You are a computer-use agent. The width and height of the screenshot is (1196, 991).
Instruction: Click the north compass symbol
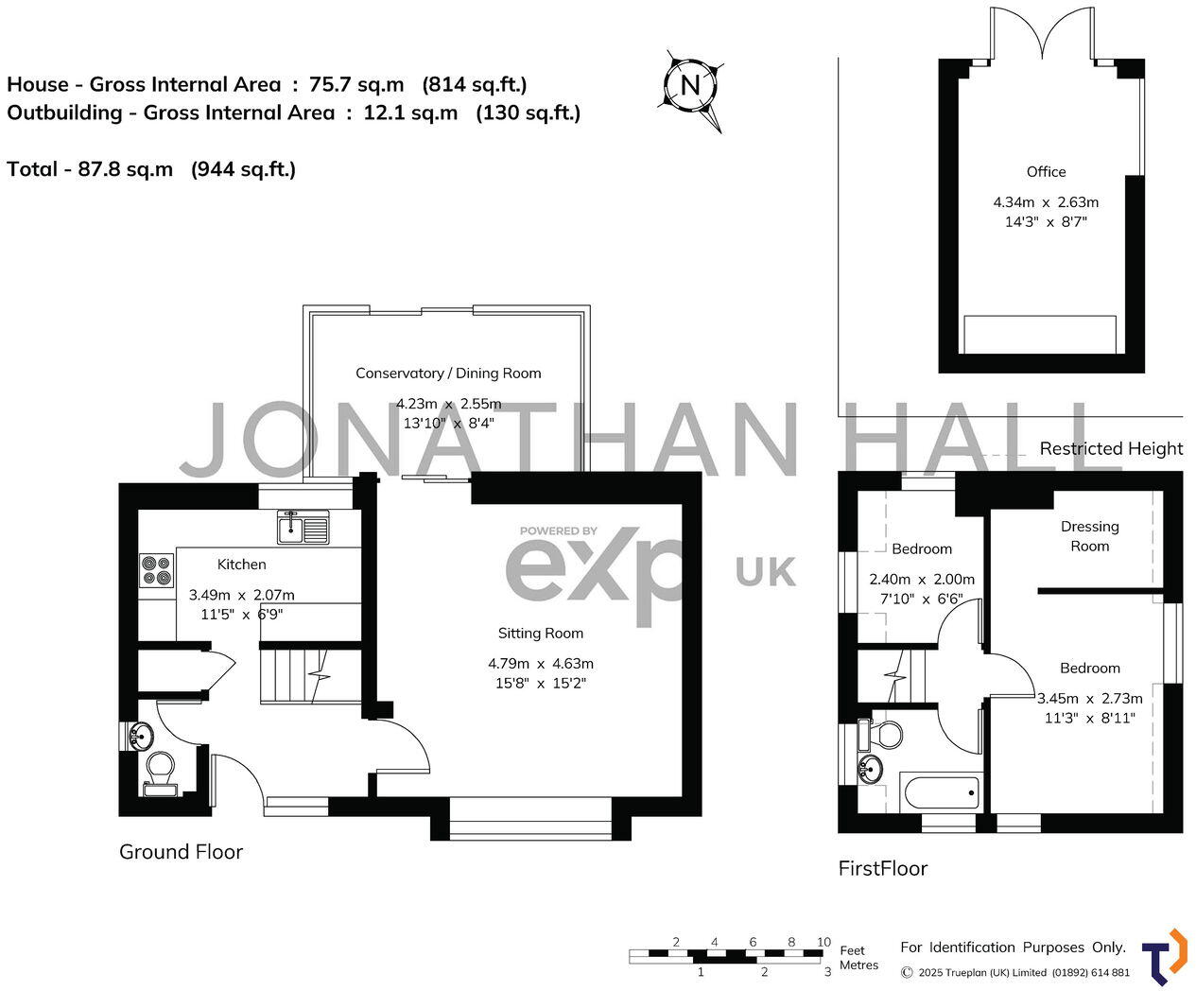[691, 86]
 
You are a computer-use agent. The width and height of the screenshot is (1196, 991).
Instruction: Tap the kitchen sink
[303, 527]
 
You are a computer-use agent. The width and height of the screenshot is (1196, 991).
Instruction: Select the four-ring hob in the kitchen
[157, 569]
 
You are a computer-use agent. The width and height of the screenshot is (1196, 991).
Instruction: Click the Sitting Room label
[541, 634]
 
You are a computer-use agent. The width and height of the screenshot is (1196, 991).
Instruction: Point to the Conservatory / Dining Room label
[448, 374]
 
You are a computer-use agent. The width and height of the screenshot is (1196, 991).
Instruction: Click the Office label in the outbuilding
[1046, 172]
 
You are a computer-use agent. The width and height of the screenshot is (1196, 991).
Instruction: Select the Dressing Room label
[1089, 536]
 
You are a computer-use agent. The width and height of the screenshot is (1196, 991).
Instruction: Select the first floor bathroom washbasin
[871, 768]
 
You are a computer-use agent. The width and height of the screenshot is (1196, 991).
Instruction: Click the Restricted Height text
[1111, 449]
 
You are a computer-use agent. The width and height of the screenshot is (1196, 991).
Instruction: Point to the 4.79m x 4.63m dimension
[541, 664]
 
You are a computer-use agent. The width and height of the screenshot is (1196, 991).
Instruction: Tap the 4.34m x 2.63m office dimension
[1046, 202]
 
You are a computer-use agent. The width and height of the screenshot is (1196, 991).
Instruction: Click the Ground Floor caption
[181, 852]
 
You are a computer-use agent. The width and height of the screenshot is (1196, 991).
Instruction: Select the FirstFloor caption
[883, 868]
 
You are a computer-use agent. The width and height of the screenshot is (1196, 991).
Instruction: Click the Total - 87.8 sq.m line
[151, 169]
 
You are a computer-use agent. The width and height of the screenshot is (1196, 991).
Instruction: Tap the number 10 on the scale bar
[823, 942]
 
